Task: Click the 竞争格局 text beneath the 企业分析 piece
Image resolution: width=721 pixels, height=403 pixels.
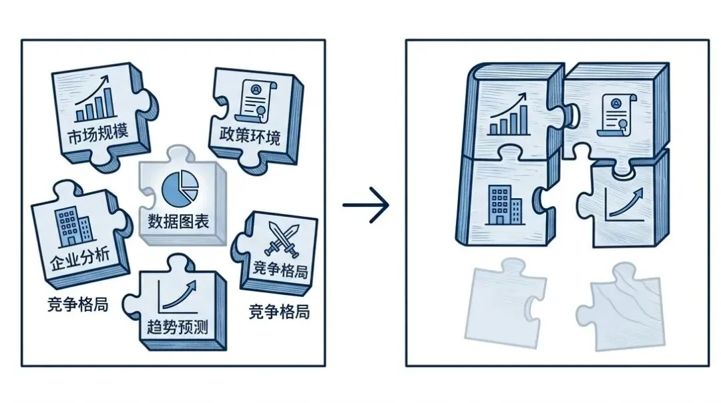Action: (x=78, y=304)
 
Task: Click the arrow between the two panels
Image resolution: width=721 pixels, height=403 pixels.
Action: (x=365, y=206)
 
